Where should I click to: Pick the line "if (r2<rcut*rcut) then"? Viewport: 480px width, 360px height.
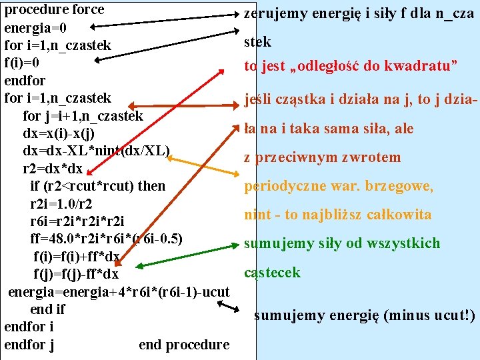(x=97, y=185)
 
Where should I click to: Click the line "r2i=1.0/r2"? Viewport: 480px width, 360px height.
(x=62, y=203)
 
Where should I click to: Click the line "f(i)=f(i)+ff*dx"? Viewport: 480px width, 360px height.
(x=77, y=256)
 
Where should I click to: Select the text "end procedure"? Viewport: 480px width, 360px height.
(x=184, y=345)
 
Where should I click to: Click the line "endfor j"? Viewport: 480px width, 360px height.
(x=29, y=345)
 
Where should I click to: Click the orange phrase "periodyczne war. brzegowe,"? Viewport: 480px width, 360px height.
(x=339, y=185)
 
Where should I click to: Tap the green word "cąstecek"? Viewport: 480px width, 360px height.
(x=272, y=273)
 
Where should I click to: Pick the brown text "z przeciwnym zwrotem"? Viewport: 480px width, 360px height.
(x=323, y=157)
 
